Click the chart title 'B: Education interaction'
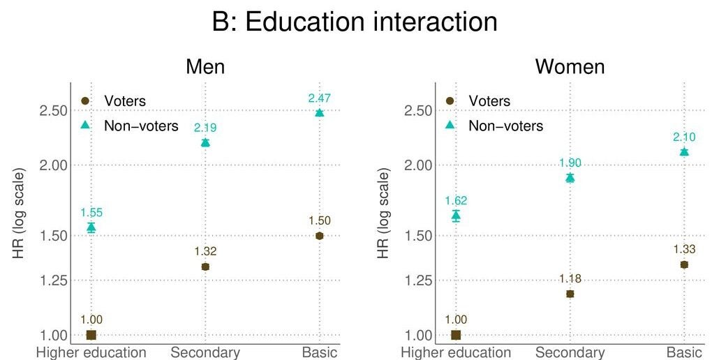[355, 22]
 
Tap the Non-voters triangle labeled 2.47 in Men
[319, 112]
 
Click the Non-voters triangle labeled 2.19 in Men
[205, 142]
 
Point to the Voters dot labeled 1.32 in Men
[205, 267]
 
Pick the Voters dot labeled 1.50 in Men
[319, 236]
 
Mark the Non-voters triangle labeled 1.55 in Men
[91, 227]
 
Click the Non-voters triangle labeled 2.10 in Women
[684, 151]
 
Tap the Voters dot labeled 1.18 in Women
[570, 294]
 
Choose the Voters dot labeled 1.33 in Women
[684, 264]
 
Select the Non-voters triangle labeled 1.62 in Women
[456, 215]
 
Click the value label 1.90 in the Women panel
[570, 163]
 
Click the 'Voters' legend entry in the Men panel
[124, 101]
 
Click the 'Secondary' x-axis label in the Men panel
[205, 352]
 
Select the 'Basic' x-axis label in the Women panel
[684, 352]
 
